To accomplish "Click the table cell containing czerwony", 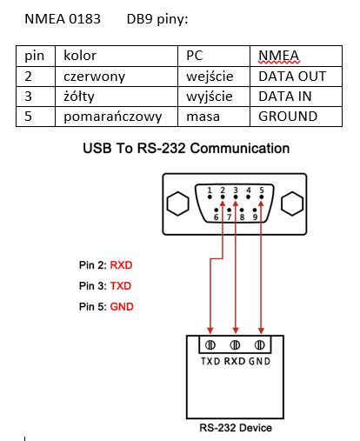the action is [117, 77].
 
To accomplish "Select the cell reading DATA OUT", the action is [296, 77].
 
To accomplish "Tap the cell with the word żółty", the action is [117, 97].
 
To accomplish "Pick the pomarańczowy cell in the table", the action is [117, 117].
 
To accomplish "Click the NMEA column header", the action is [296, 56].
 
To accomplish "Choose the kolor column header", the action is [117, 56].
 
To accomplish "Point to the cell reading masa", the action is [214, 117].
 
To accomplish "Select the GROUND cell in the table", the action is [296, 117].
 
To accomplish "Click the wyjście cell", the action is [214, 97].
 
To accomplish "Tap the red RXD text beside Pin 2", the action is [121, 265].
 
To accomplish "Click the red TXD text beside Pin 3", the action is [121, 286].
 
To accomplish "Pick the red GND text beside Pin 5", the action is [122, 307].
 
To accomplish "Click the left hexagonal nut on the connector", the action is [178, 204].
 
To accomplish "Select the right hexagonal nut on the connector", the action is [292, 204].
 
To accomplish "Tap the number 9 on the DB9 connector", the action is [255, 217].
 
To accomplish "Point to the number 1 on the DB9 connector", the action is [210, 190].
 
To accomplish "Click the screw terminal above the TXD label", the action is [210, 345].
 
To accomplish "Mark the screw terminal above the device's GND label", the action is [259, 345].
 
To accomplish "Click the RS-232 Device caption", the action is [236, 428].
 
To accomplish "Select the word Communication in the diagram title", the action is [240, 148].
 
